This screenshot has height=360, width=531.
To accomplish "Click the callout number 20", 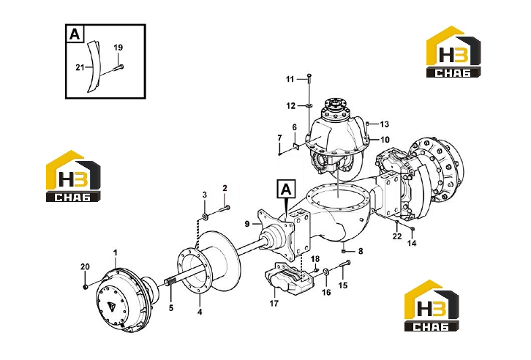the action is tap(85, 266).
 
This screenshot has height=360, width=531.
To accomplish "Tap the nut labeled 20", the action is tap(86, 287).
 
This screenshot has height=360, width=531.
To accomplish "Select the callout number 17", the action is tap(274, 303).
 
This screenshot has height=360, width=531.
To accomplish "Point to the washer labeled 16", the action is tap(325, 271).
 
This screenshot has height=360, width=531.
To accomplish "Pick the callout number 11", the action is tap(290, 79).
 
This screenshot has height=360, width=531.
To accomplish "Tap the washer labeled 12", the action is tap(309, 106).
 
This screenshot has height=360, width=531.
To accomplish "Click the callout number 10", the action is tap(385, 140).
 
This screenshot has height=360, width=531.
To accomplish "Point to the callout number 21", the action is tap(80, 68).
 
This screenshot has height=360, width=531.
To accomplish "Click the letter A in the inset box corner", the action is tap(75, 34).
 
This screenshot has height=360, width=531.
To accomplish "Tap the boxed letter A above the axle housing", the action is tap(287, 190).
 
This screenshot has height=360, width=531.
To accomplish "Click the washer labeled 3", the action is tap(205, 216).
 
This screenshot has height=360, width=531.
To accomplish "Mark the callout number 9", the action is tap(247, 224).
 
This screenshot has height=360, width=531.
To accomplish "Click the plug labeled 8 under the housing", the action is tap(343, 251).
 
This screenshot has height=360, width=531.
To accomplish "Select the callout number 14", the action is tap(412, 243).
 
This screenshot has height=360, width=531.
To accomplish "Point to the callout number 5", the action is tap(171, 308).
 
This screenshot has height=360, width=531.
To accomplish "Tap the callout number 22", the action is tap(397, 236).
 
